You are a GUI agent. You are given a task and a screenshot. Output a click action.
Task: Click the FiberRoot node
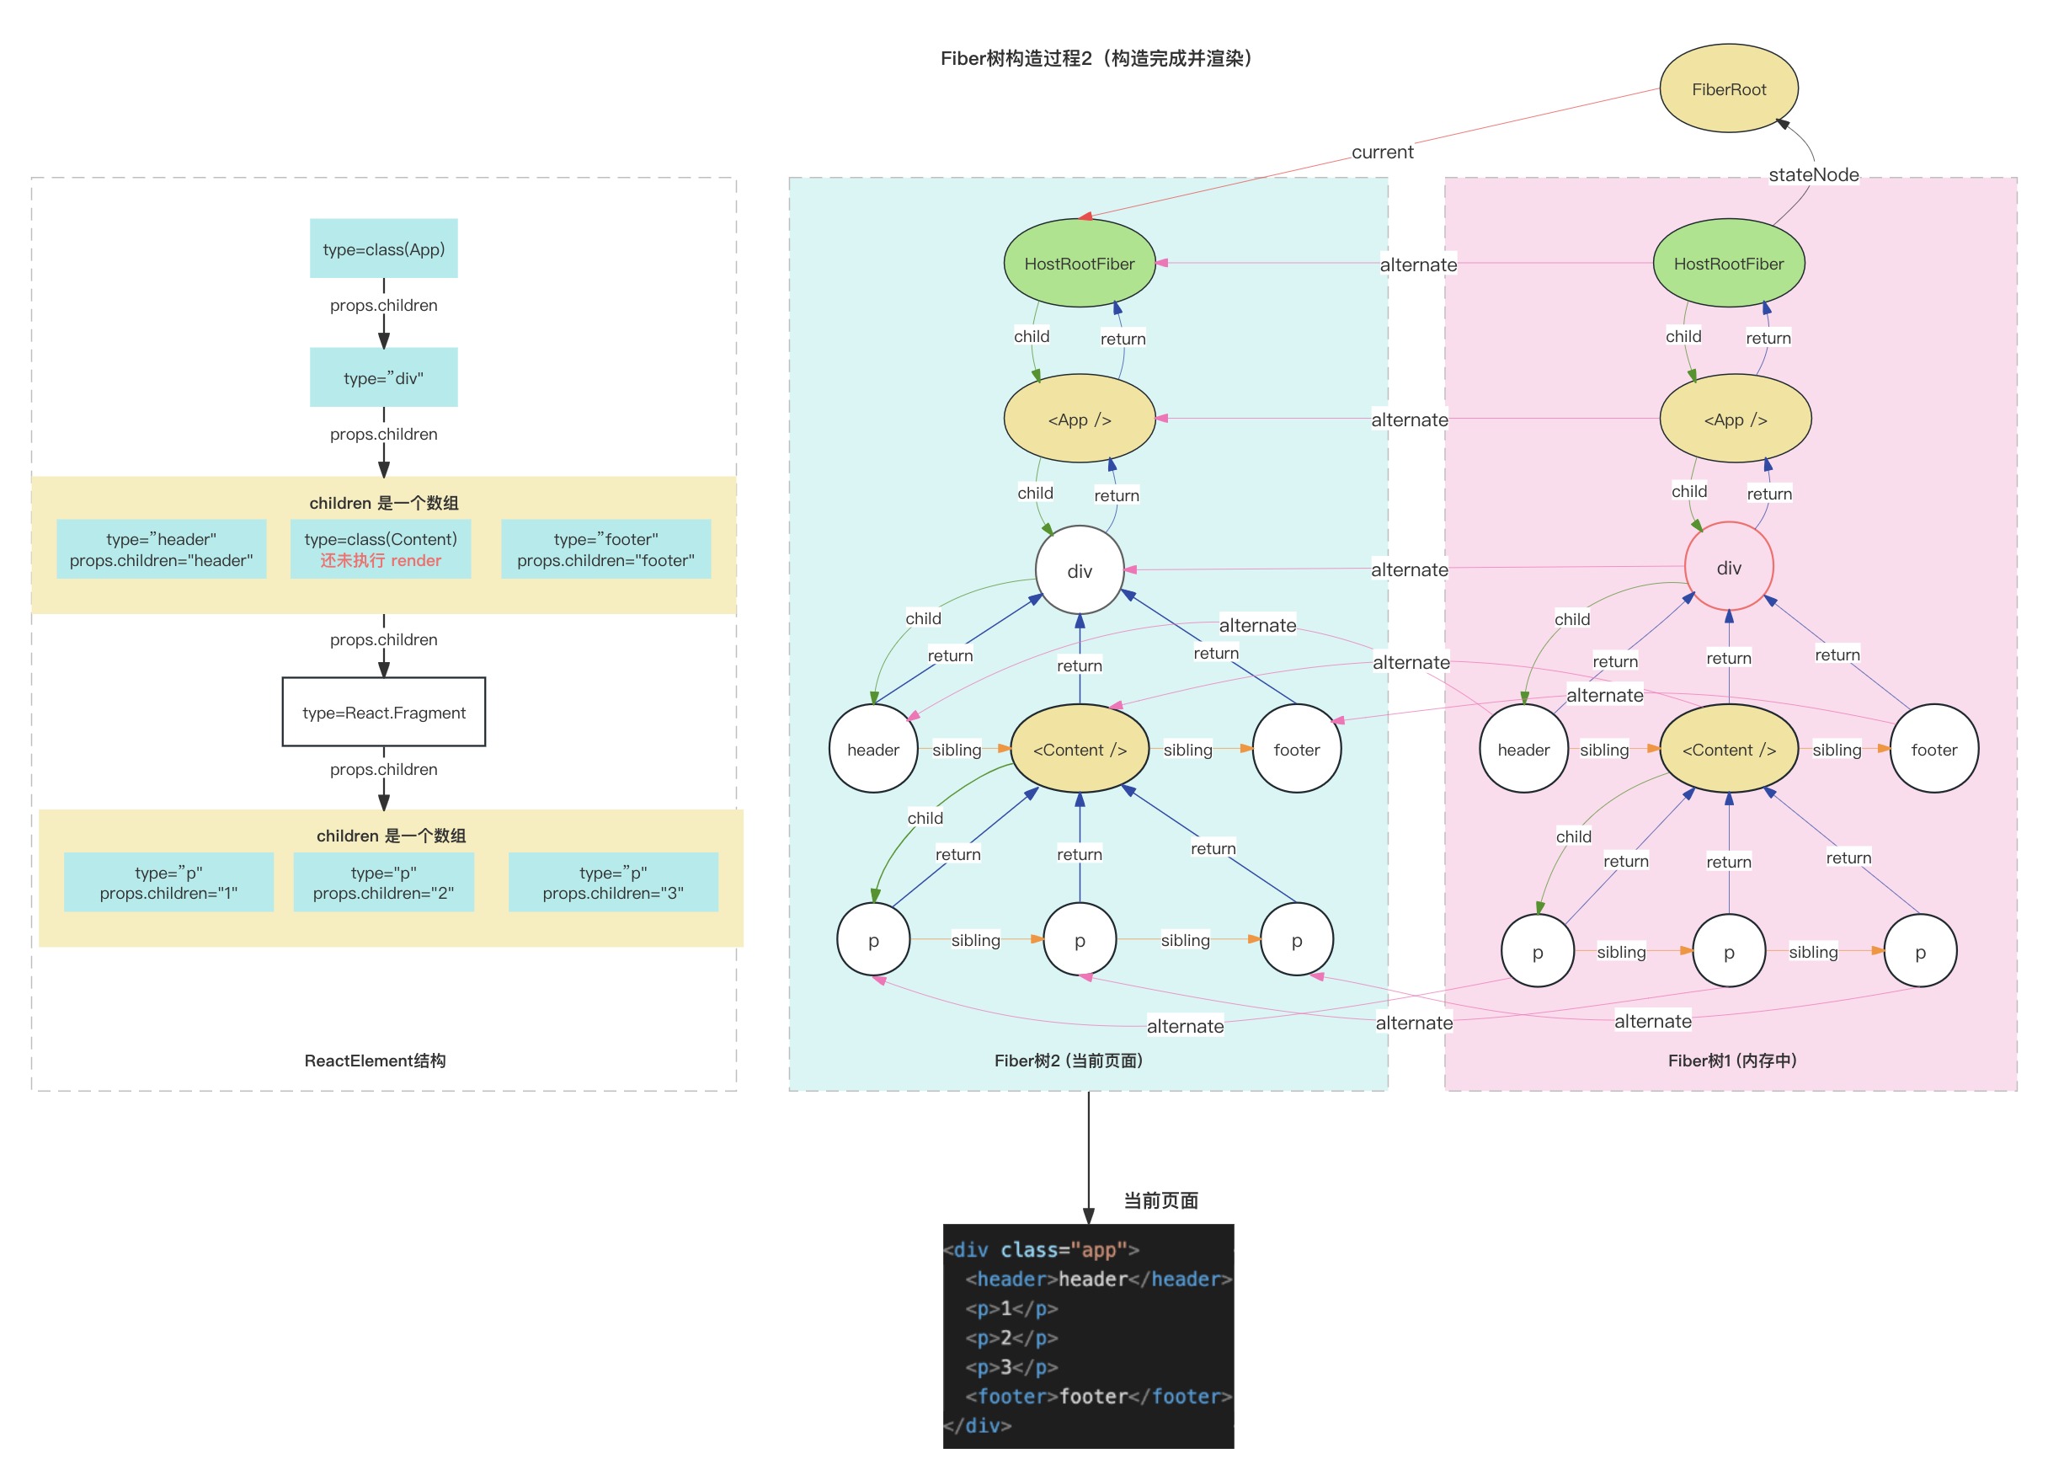point(1727,89)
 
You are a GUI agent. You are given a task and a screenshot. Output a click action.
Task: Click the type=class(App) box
point(384,248)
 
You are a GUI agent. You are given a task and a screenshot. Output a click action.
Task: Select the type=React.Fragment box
point(384,713)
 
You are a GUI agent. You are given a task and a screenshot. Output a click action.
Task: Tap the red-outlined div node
point(1727,567)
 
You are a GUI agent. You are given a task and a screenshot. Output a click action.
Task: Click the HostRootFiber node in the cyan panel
point(1079,263)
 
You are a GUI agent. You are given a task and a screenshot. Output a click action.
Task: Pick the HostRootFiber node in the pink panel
point(1727,263)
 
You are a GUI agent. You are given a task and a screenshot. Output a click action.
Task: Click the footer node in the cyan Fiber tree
point(1296,749)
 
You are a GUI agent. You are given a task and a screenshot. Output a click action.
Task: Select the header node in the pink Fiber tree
point(1523,749)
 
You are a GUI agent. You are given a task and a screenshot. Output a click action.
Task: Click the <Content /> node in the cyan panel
point(1079,749)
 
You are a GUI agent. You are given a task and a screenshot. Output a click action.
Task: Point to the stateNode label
point(1812,174)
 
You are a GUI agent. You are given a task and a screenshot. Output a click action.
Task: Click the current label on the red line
point(1382,152)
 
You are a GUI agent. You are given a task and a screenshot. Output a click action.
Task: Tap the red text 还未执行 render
point(380,560)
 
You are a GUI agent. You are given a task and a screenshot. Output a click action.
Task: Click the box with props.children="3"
point(613,882)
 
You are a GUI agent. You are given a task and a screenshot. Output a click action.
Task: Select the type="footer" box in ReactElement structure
point(606,549)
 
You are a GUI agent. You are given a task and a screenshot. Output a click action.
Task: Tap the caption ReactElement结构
point(375,1061)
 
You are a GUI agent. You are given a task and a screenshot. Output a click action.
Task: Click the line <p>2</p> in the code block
point(1011,1338)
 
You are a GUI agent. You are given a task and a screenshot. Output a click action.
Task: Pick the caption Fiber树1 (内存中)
point(1731,1061)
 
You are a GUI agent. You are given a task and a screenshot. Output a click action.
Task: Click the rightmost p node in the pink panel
point(1920,951)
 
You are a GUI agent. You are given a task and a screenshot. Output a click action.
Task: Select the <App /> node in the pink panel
point(1735,419)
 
